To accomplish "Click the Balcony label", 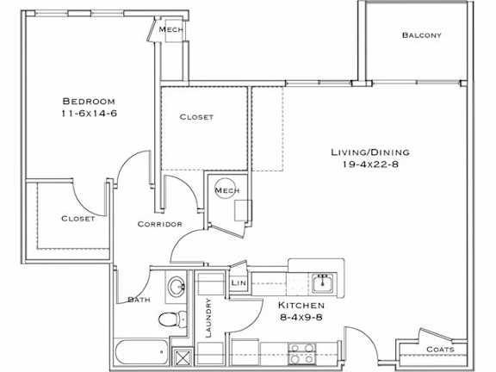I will (x=421, y=35).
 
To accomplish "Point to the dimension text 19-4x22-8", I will (x=369, y=164).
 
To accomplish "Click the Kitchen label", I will (x=301, y=306).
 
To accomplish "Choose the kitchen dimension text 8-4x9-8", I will (x=301, y=317).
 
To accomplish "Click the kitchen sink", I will (x=323, y=282).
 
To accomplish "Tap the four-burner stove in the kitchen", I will (x=301, y=353).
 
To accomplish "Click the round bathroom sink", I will (x=177, y=287).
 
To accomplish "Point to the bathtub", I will (x=141, y=353).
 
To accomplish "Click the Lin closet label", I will (x=239, y=282).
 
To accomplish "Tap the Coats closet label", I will (x=447, y=350).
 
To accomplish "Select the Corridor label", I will (x=159, y=224).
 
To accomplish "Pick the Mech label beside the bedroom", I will (x=169, y=29).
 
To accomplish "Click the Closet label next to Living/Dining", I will (x=196, y=117).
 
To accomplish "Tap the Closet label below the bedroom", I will (x=77, y=219).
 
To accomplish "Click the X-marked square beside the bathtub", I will (x=182, y=354).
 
